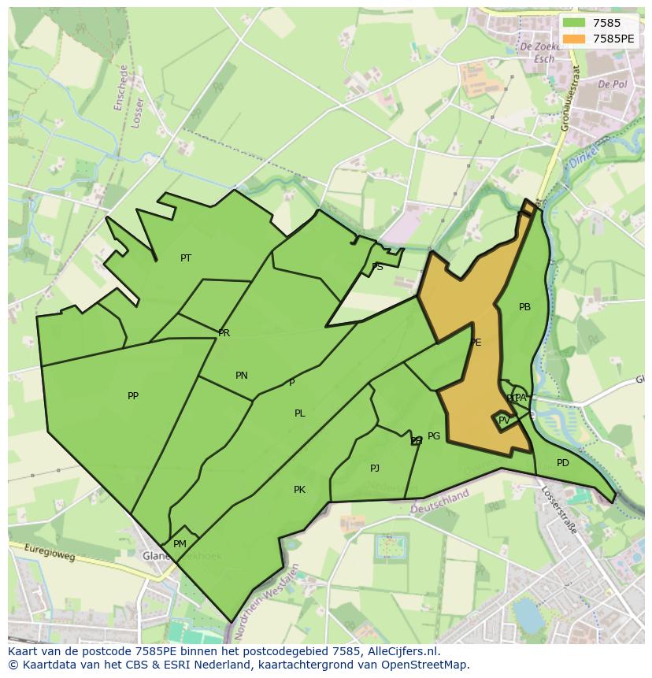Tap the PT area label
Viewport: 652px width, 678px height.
[186, 257]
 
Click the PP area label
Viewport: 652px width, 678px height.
[133, 396]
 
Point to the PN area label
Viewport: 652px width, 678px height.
[242, 376]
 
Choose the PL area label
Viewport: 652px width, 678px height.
[300, 413]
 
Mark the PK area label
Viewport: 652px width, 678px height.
[299, 490]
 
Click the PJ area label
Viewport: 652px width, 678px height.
[375, 469]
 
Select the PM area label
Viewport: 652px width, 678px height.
[180, 544]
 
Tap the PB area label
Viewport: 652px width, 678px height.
[525, 307]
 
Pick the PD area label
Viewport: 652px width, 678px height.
[562, 463]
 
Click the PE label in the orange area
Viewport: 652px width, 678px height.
[476, 343]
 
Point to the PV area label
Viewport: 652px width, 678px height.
[504, 421]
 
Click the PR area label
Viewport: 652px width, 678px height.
[224, 333]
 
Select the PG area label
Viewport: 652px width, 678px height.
[434, 436]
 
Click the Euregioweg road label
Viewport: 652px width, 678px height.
[49, 554]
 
